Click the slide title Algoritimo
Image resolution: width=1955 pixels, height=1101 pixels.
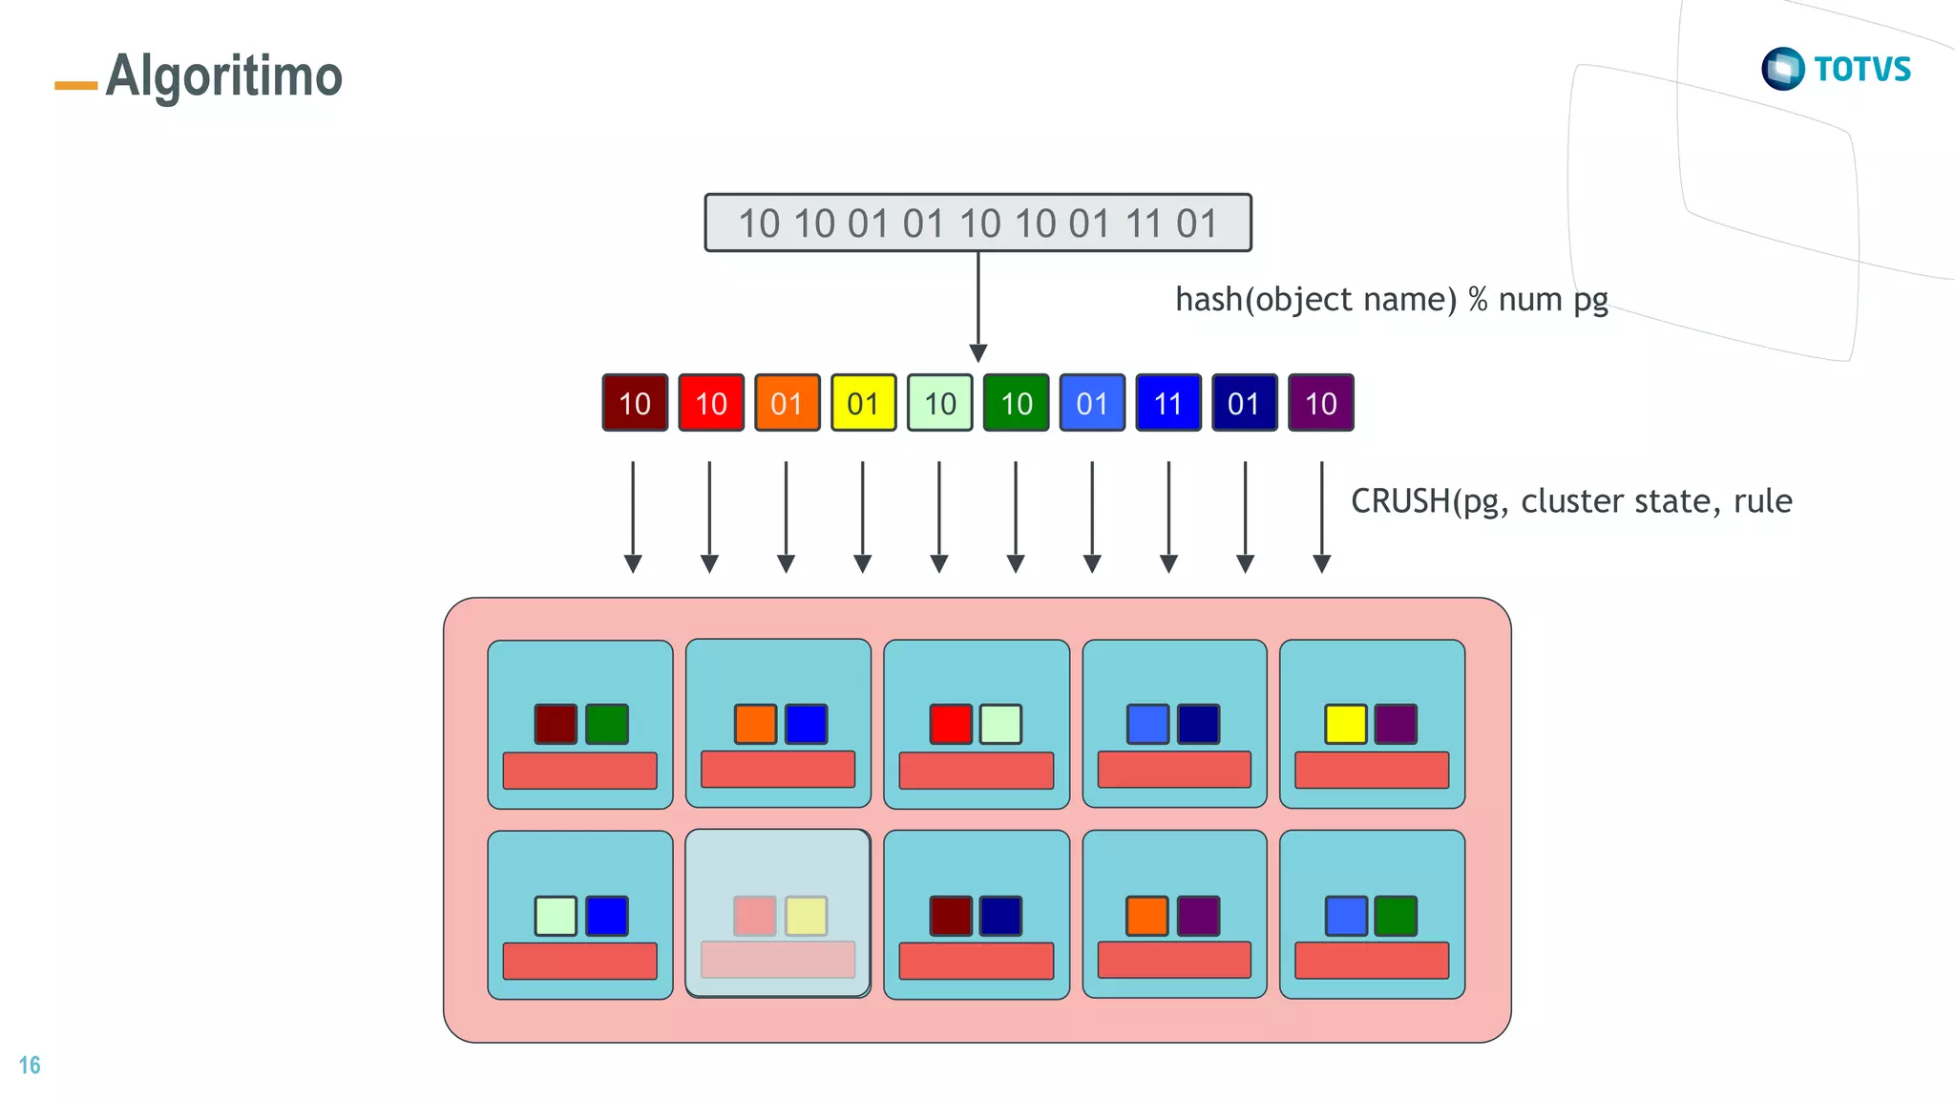[223, 76]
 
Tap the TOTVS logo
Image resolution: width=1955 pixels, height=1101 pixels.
[1836, 69]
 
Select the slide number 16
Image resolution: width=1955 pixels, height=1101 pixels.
[30, 1065]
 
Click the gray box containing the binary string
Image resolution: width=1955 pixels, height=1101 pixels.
[977, 223]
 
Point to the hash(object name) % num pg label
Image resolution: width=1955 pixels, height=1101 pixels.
[1391, 300]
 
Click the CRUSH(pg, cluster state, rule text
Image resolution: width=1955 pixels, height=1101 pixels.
[1571, 501]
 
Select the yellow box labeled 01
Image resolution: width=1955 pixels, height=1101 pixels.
[863, 403]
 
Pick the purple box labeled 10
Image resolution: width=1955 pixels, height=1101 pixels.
[1320, 403]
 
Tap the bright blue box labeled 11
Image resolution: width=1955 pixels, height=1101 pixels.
[1167, 403]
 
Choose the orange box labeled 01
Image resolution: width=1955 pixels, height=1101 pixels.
[787, 403]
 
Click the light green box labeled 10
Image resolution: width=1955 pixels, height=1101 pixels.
[939, 403]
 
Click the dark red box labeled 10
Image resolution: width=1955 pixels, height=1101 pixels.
[635, 403]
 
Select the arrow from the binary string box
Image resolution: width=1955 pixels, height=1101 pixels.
[977, 306]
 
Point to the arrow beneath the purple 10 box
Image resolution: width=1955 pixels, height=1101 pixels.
[1321, 516]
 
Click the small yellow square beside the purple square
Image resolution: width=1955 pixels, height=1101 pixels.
[1345, 724]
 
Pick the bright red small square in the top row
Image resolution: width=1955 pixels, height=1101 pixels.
[951, 724]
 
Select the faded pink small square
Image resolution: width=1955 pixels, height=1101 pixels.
[754, 916]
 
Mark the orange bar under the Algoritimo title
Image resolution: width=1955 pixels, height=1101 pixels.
[76, 86]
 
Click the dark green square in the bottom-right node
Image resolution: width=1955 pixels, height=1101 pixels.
[1396, 916]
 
